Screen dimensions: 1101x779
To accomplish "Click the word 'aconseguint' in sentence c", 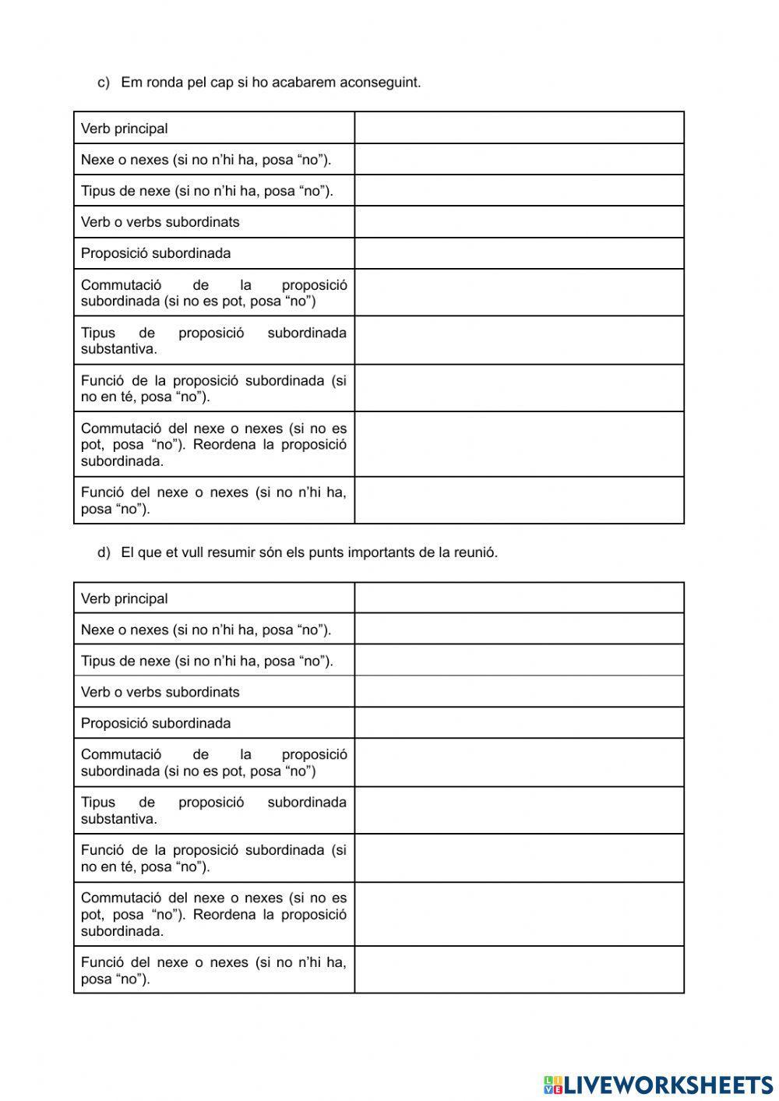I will click(x=380, y=82).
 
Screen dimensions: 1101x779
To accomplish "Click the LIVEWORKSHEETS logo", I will click(x=658, y=1084).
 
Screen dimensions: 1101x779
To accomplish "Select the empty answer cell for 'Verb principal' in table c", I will click(x=519, y=128).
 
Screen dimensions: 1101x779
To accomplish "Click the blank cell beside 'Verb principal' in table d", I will click(x=519, y=598).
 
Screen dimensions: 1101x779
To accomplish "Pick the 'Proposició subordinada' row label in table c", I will click(x=156, y=253).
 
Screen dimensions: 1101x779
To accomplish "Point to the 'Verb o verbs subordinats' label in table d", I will click(x=160, y=692).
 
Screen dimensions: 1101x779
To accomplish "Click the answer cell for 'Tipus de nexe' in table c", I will click(x=519, y=190).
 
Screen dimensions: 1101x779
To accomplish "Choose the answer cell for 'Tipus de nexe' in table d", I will click(x=519, y=660).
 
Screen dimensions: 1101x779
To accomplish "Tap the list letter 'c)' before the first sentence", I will click(x=104, y=82).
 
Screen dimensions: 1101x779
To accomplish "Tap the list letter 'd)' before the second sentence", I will click(x=104, y=552).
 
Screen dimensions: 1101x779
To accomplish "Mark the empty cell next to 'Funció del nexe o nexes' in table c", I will click(x=519, y=500).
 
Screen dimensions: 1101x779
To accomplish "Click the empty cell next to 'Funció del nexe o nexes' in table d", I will click(x=519, y=970).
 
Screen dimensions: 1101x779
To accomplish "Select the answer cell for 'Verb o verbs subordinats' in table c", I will click(x=519, y=221).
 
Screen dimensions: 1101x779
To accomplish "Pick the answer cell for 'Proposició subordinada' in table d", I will click(x=519, y=723).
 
